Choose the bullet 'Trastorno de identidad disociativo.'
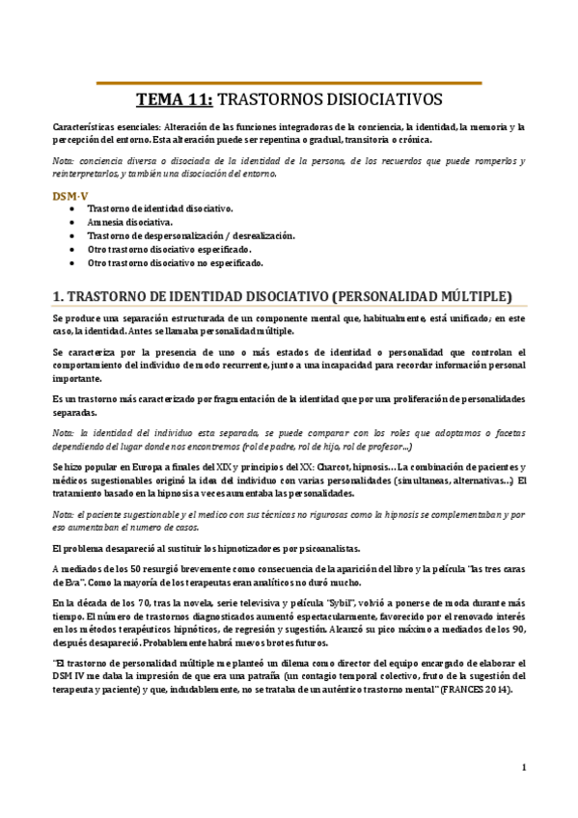(159, 207)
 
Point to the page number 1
(523, 768)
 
